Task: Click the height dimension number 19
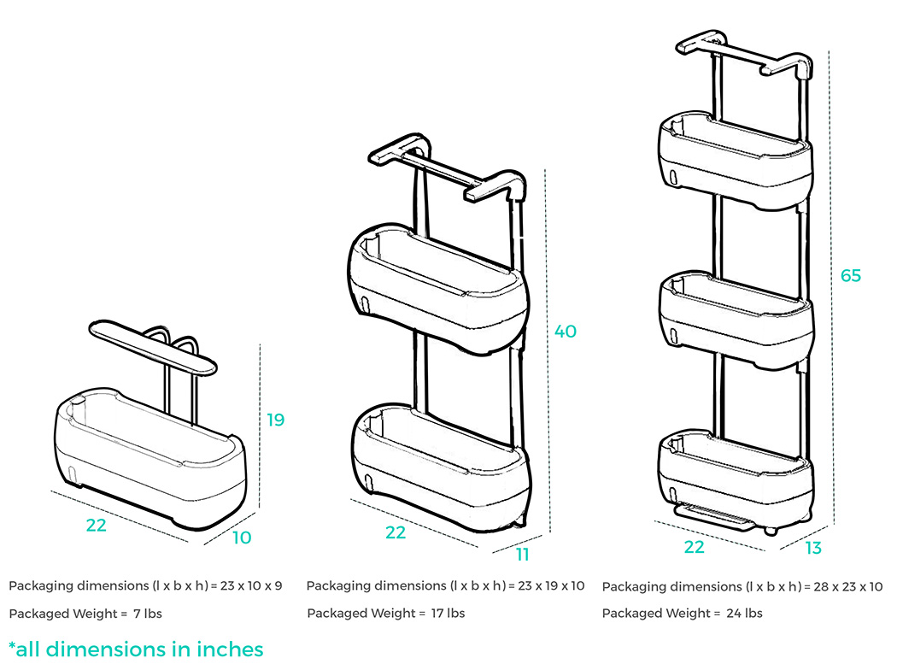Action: tap(276, 420)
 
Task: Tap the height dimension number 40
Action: tap(566, 332)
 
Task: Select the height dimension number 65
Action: tap(851, 276)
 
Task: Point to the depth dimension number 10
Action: tap(242, 538)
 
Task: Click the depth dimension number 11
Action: tap(522, 555)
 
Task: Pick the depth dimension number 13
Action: tap(813, 548)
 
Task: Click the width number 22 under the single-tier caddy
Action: tap(96, 526)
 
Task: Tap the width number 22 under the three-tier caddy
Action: tap(694, 547)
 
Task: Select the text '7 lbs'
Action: tap(148, 614)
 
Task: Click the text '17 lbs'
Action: tap(448, 614)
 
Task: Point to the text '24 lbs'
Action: tap(744, 614)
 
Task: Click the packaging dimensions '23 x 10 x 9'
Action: tap(251, 586)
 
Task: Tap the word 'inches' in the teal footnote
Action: tap(230, 649)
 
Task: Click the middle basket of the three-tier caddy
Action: tap(736, 321)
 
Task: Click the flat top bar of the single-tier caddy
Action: tap(153, 347)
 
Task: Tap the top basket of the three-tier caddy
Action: tap(736, 161)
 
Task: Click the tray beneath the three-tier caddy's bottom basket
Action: tap(712, 517)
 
